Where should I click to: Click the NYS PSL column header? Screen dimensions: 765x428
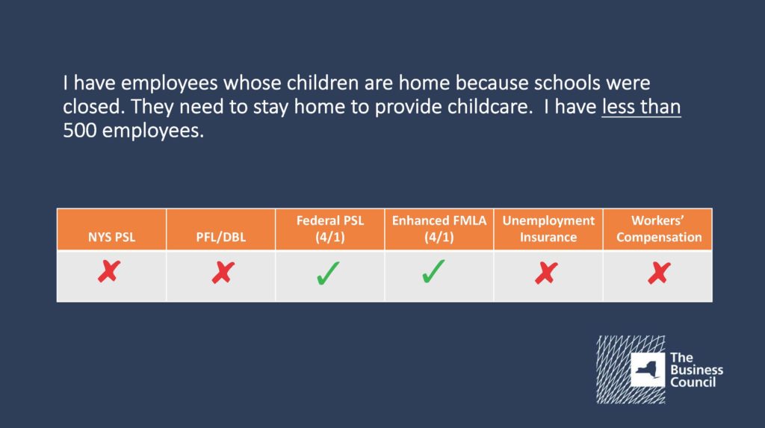pos(112,238)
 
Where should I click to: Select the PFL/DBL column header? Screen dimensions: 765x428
pos(221,238)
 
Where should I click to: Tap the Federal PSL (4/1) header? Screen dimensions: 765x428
pos(330,229)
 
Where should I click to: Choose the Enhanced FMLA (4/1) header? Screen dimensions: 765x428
pos(439,229)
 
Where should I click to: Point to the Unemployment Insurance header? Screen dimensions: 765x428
pos(548,229)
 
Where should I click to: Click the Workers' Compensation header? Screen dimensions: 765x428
pos(659,229)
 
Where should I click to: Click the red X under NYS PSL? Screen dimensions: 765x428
pos(109,271)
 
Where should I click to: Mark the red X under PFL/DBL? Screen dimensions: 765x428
pos(223,273)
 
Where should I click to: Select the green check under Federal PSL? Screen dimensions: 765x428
pos(328,273)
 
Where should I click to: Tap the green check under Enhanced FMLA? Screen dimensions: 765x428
pos(433,271)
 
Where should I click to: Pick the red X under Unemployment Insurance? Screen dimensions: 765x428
pos(546,273)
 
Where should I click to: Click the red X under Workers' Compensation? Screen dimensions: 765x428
pos(659,273)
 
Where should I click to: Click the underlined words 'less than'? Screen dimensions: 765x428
pos(641,107)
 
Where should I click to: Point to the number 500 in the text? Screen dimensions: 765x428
pos(79,131)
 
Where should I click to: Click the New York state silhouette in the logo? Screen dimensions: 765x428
pos(648,370)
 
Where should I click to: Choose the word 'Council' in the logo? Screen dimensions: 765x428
pos(693,382)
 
